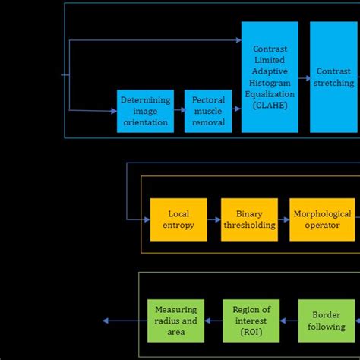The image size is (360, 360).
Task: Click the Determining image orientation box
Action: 145,111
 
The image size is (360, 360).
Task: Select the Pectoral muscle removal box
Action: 208,111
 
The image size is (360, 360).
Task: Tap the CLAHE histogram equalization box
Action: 270,77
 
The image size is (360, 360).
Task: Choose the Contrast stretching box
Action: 333,77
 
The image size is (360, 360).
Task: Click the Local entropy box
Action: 178,219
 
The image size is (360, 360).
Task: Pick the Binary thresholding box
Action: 249,219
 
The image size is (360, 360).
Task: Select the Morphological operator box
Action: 322,219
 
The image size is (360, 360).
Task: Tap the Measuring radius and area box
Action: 175,321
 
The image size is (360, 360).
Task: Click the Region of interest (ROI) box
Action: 251,321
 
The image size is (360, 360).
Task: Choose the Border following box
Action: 327,321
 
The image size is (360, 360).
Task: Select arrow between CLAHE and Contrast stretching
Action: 304,76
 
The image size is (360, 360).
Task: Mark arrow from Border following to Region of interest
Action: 289,321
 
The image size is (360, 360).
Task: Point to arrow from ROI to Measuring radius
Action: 213,321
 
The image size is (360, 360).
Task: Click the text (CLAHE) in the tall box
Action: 270,106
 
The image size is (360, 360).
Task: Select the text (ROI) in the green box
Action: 251,332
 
